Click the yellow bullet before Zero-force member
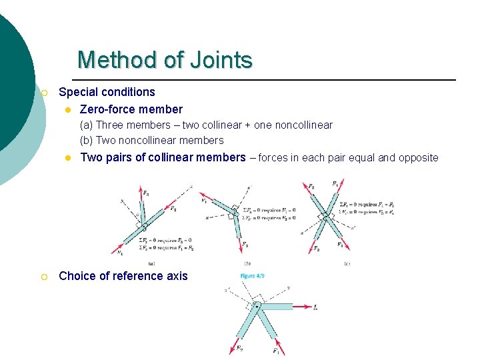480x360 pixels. [x=67, y=109]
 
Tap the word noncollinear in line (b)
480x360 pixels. [x=151, y=140]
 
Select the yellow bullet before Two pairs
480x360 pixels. [x=67, y=158]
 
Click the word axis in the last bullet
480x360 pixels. [x=177, y=276]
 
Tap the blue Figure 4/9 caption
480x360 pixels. [x=253, y=276]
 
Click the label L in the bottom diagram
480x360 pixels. [x=315, y=307]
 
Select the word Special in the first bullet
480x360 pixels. [x=79, y=92]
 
